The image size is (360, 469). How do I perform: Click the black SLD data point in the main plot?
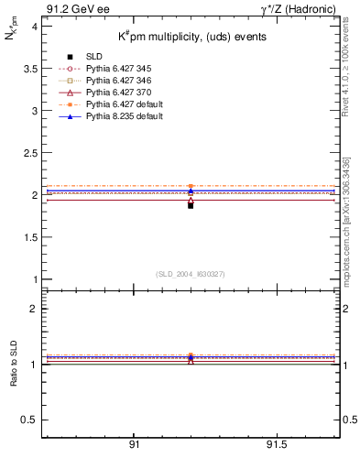(191, 205)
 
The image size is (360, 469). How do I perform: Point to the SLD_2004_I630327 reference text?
(191, 274)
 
